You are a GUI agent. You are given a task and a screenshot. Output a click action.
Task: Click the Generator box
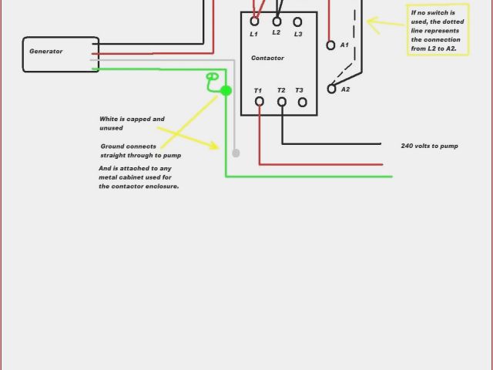click(x=61, y=54)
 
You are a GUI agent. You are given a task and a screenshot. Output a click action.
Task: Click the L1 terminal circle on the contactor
click(x=255, y=22)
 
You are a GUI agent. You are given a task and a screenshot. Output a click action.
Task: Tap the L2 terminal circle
click(x=277, y=22)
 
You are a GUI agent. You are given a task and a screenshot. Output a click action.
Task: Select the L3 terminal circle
click(x=297, y=22)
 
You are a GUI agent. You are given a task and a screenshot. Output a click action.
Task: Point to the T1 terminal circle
click(x=260, y=101)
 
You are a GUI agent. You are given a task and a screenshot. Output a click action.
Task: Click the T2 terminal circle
click(x=281, y=101)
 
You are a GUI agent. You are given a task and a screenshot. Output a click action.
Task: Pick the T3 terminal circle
click(x=302, y=101)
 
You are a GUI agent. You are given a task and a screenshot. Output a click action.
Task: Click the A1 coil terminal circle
click(x=331, y=45)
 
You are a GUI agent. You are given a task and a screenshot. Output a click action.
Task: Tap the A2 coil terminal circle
click(x=332, y=89)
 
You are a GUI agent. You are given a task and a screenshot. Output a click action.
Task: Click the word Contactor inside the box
click(x=267, y=59)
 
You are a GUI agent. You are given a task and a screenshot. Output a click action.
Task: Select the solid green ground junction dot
click(x=226, y=91)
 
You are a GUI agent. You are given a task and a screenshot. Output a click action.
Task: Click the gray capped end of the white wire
click(x=236, y=153)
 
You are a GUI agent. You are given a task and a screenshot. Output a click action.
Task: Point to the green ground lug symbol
click(x=213, y=77)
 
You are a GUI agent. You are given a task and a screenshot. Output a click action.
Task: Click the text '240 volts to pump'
click(x=430, y=146)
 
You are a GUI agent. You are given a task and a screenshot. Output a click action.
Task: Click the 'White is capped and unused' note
click(x=132, y=123)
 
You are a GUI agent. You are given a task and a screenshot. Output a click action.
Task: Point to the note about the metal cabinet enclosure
click(x=139, y=177)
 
